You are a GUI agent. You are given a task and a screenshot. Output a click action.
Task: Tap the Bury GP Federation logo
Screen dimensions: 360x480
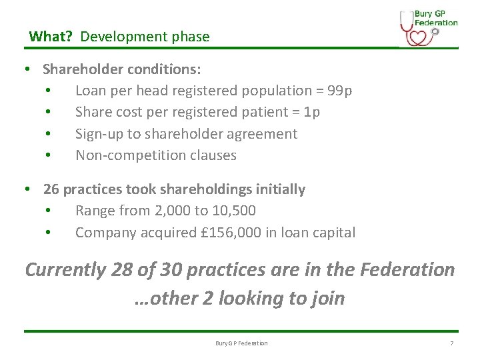(x=428, y=27)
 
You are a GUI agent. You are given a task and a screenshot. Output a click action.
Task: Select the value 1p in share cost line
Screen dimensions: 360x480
(x=311, y=112)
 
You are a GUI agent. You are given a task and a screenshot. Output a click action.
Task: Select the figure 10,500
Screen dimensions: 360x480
(x=234, y=211)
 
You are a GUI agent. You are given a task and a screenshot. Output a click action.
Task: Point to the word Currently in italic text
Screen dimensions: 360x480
(x=65, y=270)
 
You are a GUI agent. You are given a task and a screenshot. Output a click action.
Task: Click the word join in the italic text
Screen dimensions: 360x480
(x=326, y=298)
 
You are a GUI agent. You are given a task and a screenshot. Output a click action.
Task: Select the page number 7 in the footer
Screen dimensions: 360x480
(x=452, y=343)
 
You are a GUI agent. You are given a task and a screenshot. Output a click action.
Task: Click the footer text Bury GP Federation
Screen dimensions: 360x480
(x=241, y=343)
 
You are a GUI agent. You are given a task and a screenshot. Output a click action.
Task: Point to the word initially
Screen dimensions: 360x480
(x=279, y=189)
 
